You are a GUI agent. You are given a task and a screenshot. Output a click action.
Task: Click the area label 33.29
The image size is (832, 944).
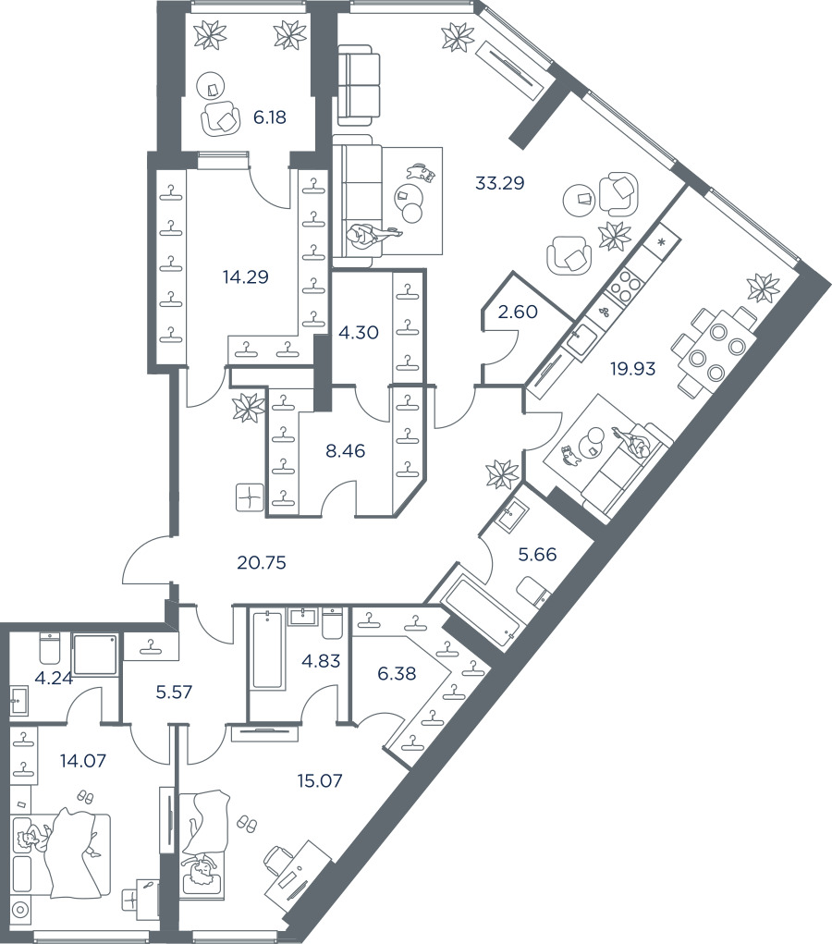pos(499,183)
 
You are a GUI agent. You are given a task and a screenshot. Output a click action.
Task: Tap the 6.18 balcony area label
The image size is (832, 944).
pos(270,117)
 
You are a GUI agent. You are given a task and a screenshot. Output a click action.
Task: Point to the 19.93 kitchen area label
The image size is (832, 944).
pos(632,369)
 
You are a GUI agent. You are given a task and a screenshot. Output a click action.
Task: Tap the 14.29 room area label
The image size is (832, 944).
pos(245,276)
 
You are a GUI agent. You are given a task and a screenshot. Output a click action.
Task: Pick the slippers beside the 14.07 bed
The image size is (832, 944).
pos(85,796)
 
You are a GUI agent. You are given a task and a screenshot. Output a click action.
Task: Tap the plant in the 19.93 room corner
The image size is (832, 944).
pos(763,288)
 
